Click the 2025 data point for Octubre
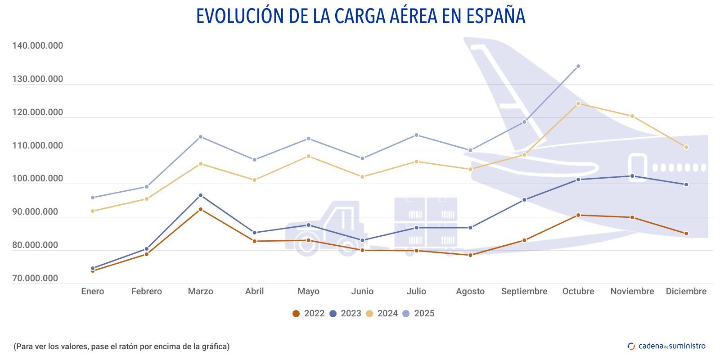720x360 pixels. pos(578,66)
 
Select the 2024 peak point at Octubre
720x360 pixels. pos(578,103)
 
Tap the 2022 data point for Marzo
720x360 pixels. pos(201,209)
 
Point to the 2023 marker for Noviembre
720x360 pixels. pos(632,176)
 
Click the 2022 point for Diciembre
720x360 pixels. pos(686,234)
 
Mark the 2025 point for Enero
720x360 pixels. pos(93,198)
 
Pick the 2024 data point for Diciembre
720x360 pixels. pos(686,147)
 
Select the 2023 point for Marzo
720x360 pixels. pos(201,195)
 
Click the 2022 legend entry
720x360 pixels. pos(308,314)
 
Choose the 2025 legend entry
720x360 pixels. pos(418,314)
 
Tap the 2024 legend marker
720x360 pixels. pos(369,314)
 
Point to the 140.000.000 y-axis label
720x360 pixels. pos(38,46)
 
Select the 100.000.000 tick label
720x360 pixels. pos(38,179)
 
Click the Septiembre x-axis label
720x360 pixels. pos(524,292)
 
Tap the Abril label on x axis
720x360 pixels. pos(254,292)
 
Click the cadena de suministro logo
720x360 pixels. pos(666,346)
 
